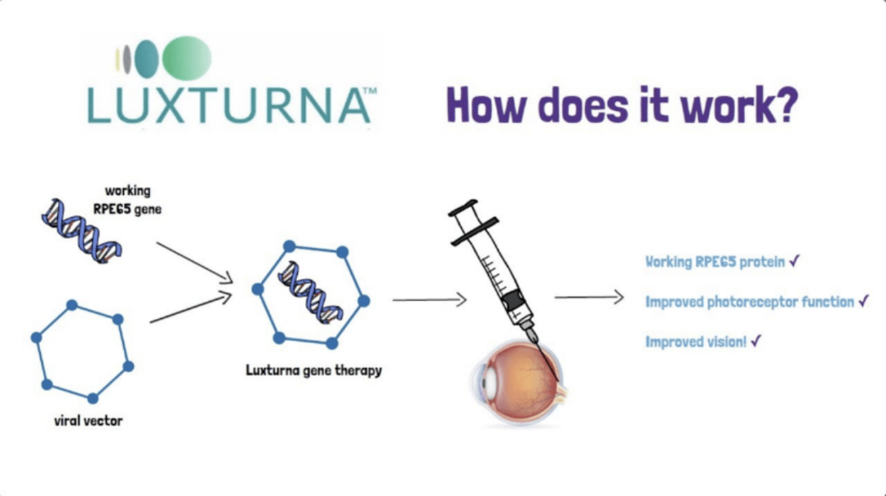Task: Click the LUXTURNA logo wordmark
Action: coord(231,104)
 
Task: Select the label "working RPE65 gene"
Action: coord(132,199)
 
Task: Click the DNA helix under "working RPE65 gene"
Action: coord(82,229)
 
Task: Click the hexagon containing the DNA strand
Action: coord(310,294)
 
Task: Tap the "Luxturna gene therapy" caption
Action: coord(313,370)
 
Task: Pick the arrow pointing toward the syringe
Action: coord(429,300)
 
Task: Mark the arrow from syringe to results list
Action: coord(589,298)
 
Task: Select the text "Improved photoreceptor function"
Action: coord(750,302)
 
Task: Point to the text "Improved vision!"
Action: coord(696,342)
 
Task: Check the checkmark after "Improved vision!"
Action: coord(756,341)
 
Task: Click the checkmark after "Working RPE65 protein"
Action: coord(794,262)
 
